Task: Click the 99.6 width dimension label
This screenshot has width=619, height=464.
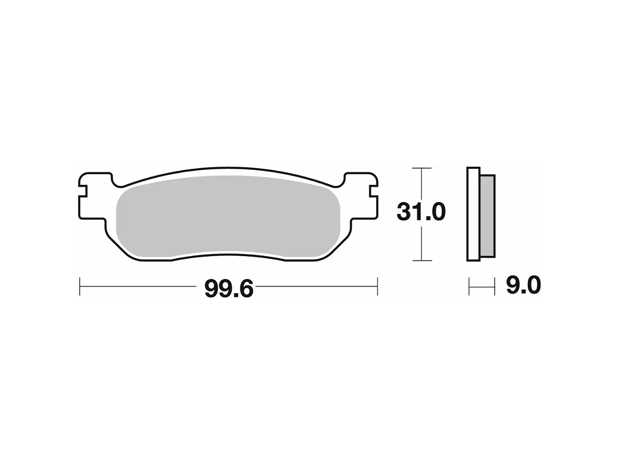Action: click(x=229, y=289)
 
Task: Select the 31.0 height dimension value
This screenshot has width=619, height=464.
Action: click(x=421, y=212)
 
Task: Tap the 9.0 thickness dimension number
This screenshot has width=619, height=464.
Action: click(x=523, y=285)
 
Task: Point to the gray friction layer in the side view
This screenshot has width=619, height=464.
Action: click(x=488, y=216)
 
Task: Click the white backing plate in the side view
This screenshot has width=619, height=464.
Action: click(x=473, y=214)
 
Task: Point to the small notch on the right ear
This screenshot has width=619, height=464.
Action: click(x=374, y=191)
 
